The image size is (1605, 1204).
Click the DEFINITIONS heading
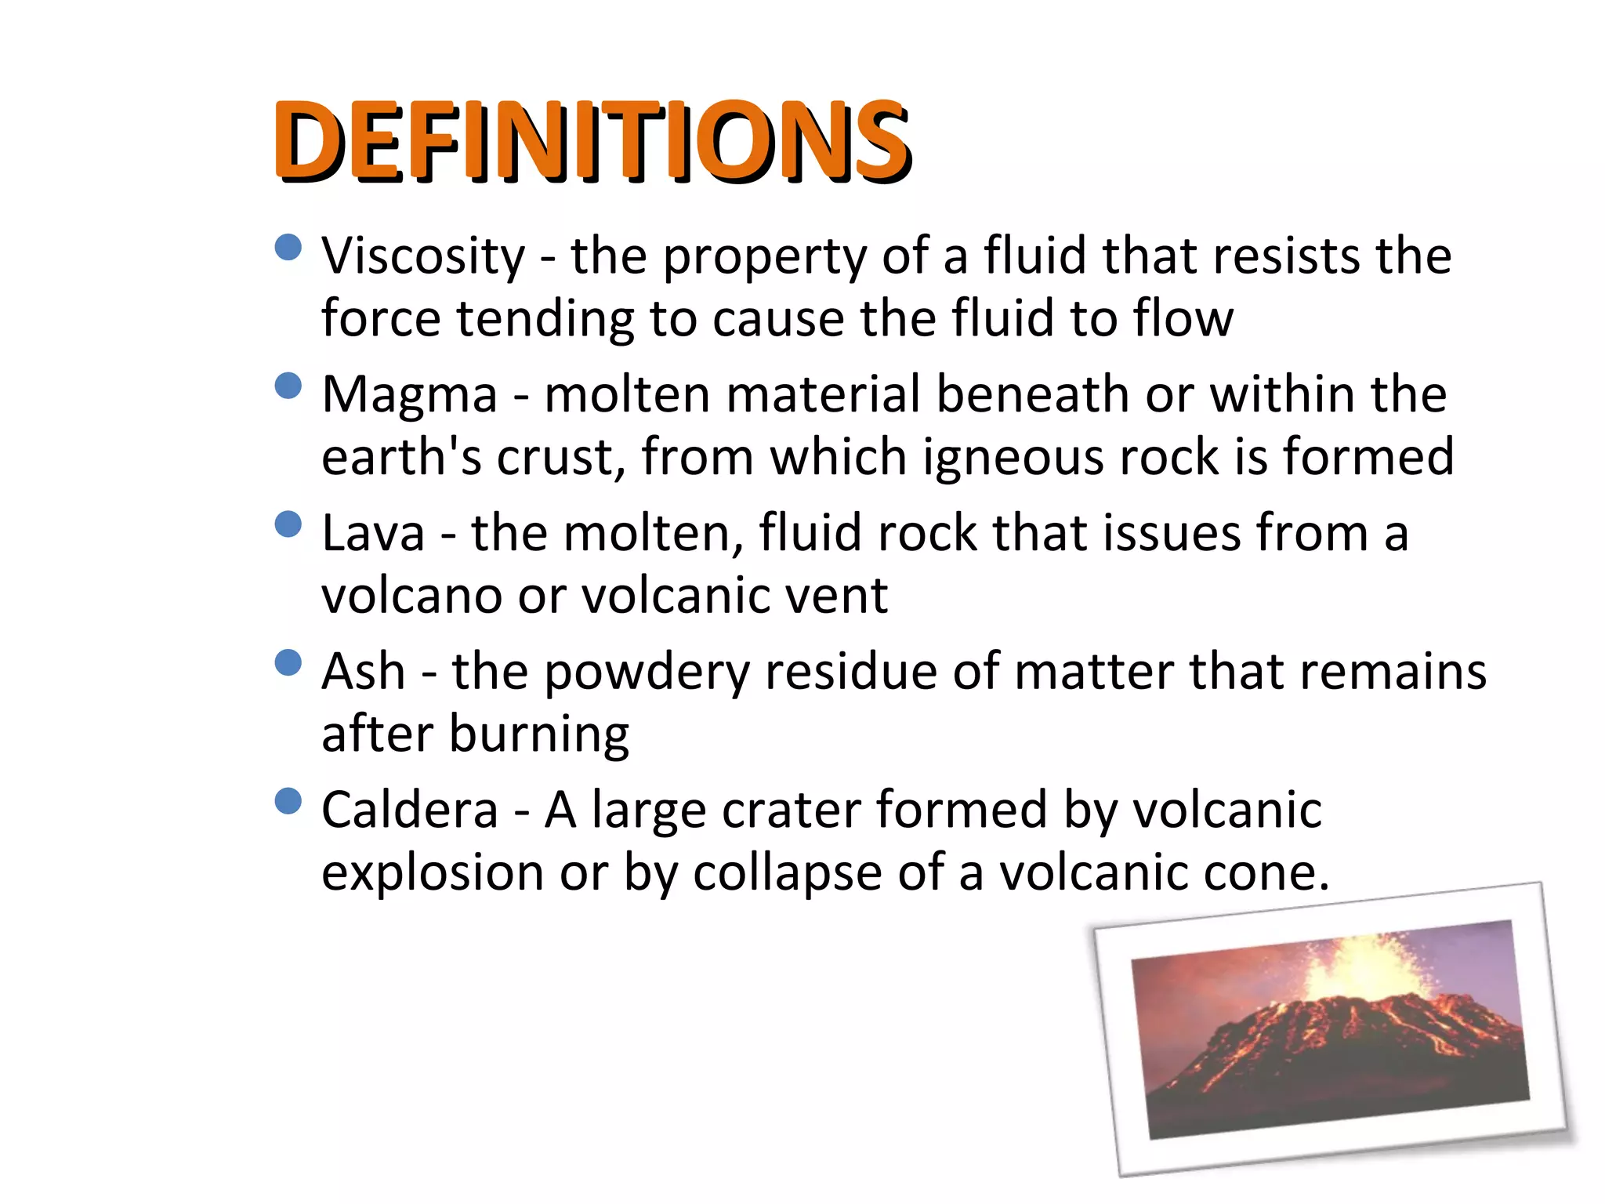(x=592, y=141)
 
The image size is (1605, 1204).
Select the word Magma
(x=409, y=393)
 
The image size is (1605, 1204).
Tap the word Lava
(x=373, y=533)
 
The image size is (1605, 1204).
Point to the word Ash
(x=364, y=672)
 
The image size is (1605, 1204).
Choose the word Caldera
(x=409, y=810)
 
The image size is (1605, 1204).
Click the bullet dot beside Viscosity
(x=289, y=248)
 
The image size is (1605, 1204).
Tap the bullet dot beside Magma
(x=289, y=386)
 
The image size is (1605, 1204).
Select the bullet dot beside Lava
(x=289, y=524)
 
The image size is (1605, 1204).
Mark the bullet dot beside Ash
(x=289, y=663)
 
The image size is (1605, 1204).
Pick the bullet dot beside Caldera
(x=289, y=801)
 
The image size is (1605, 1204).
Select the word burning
(x=539, y=735)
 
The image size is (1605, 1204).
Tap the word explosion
(x=433, y=873)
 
